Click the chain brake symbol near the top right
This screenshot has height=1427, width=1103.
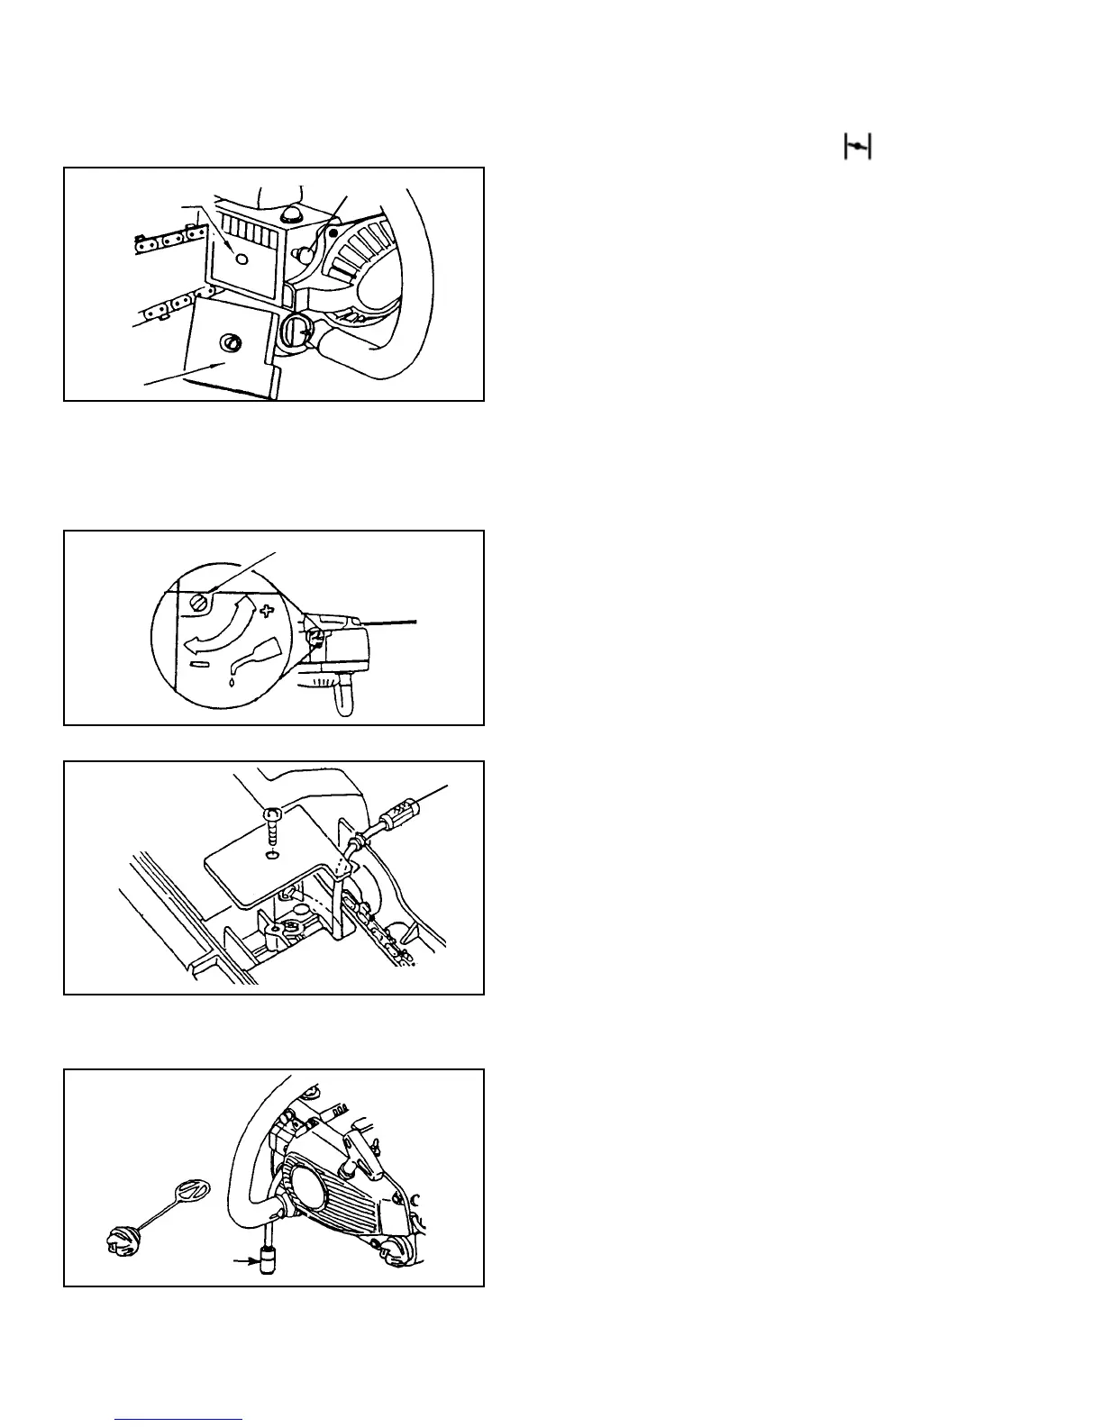point(857,146)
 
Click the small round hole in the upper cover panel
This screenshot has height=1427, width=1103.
point(240,259)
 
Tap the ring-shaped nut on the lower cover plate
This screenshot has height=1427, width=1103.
point(232,342)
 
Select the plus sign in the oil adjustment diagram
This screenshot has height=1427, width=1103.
point(265,612)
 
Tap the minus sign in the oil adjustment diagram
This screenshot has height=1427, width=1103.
point(200,665)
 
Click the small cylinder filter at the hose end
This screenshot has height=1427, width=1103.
point(268,1259)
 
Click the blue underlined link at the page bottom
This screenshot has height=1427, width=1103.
point(179,1419)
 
